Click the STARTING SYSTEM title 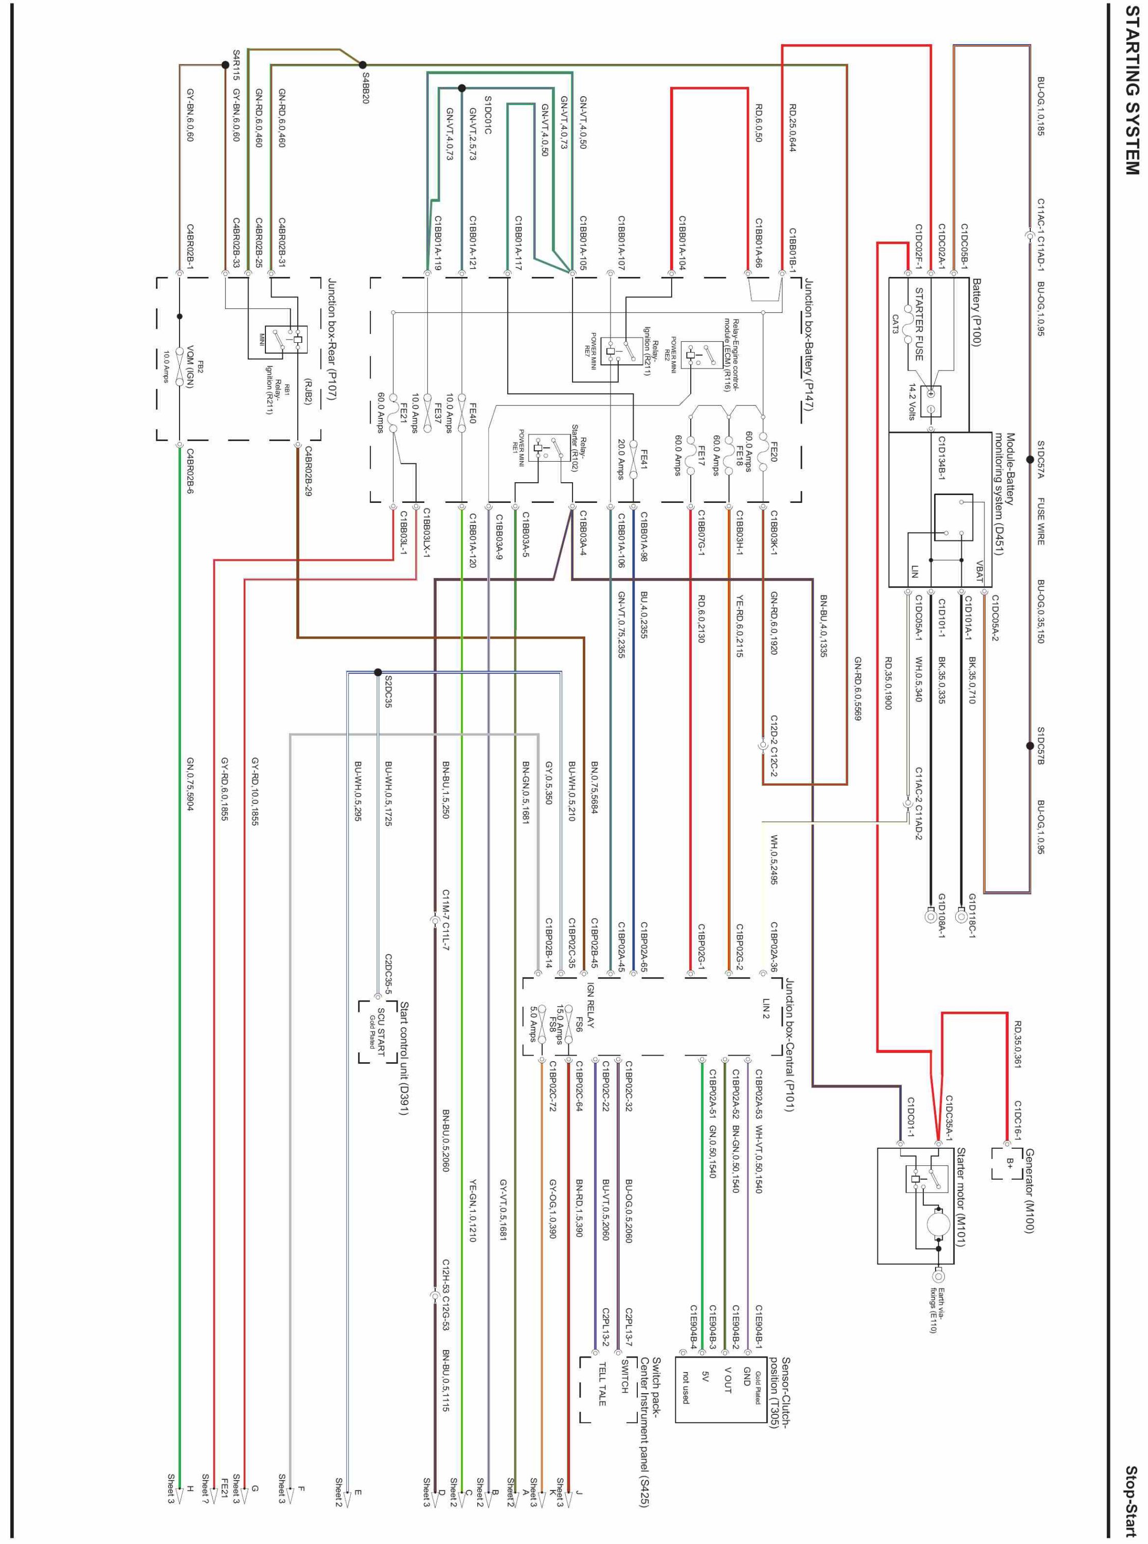click(x=1132, y=91)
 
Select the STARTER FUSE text click(x=919, y=324)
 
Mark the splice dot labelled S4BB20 click(x=363, y=65)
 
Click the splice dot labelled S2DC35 click(x=378, y=672)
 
